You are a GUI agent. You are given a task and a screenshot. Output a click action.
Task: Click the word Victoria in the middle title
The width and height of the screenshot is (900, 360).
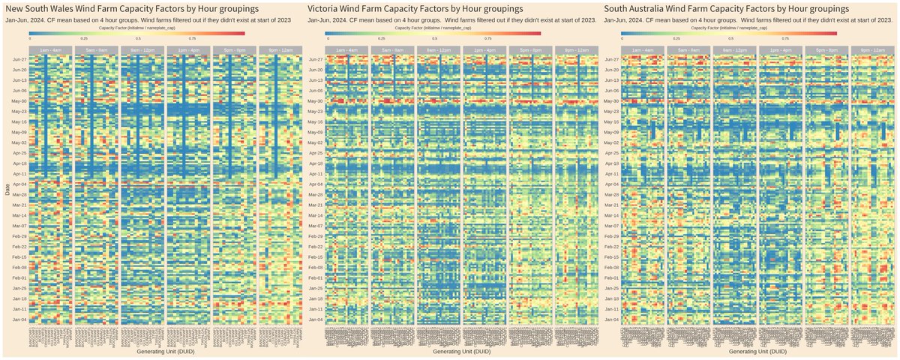point(328,7)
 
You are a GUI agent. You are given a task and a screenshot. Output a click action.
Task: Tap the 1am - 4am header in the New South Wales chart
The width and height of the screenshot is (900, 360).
point(50,49)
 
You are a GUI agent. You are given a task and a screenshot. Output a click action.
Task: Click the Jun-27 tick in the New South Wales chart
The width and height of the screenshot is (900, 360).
point(19,59)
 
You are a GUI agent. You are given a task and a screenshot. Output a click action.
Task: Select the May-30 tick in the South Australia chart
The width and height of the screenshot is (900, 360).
point(612,100)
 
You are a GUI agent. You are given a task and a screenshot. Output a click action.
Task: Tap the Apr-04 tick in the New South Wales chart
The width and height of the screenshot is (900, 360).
point(19,184)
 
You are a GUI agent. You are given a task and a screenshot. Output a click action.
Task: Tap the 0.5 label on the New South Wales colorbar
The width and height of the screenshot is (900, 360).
point(139,37)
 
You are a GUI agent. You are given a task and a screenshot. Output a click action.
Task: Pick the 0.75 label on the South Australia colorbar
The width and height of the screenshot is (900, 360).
point(785,37)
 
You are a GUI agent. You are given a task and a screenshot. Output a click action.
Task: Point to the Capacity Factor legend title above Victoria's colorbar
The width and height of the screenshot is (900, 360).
point(433,27)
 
